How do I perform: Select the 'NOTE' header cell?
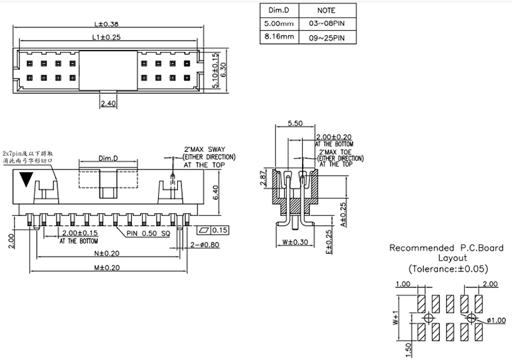tap(326, 11)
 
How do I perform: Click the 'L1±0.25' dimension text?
tap(107, 37)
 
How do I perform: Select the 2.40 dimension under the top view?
tap(109, 103)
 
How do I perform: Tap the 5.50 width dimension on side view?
tap(295, 123)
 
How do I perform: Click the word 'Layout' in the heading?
tap(447, 257)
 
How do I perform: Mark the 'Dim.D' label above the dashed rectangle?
tap(108, 158)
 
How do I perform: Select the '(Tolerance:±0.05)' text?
tap(447, 269)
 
